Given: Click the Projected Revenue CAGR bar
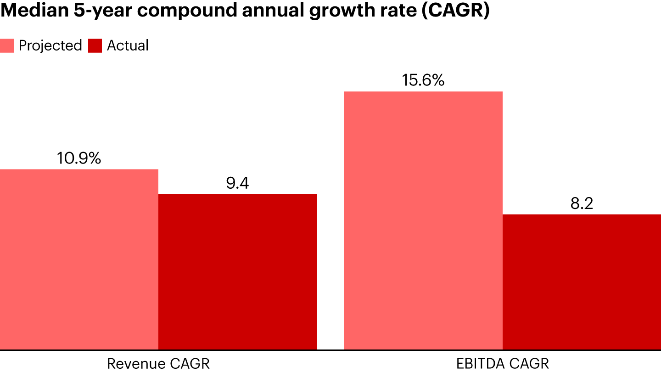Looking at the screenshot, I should [79, 259].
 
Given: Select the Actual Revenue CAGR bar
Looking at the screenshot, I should [237, 272].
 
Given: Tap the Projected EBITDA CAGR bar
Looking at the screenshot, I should [423, 220].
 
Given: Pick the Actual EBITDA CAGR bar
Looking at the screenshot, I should [582, 282].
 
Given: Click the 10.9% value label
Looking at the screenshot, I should [79, 158].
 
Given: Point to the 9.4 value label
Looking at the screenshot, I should [237, 183].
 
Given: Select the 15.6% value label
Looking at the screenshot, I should [423, 80].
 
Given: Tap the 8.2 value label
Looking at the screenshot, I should [582, 203].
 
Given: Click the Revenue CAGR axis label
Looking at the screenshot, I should [158, 364].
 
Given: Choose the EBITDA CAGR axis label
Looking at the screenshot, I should [503, 364].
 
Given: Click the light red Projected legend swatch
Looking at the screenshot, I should [7, 46].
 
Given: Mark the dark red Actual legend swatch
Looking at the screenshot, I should [95, 46].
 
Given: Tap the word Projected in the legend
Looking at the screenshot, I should [50, 45].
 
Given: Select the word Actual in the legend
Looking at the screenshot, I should [128, 45].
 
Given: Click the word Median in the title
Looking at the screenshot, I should [29, 11].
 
